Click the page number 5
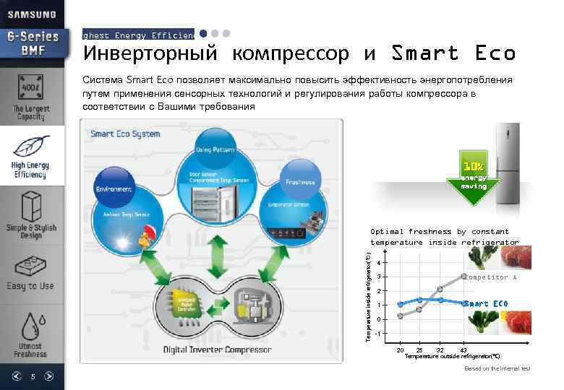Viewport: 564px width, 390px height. [33, 376]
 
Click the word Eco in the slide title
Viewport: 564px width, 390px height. [495, 53]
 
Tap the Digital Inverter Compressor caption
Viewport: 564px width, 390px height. [217, 350]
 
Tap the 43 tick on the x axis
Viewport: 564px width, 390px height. [463, 350]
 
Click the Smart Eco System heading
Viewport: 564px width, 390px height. [125, 134]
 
